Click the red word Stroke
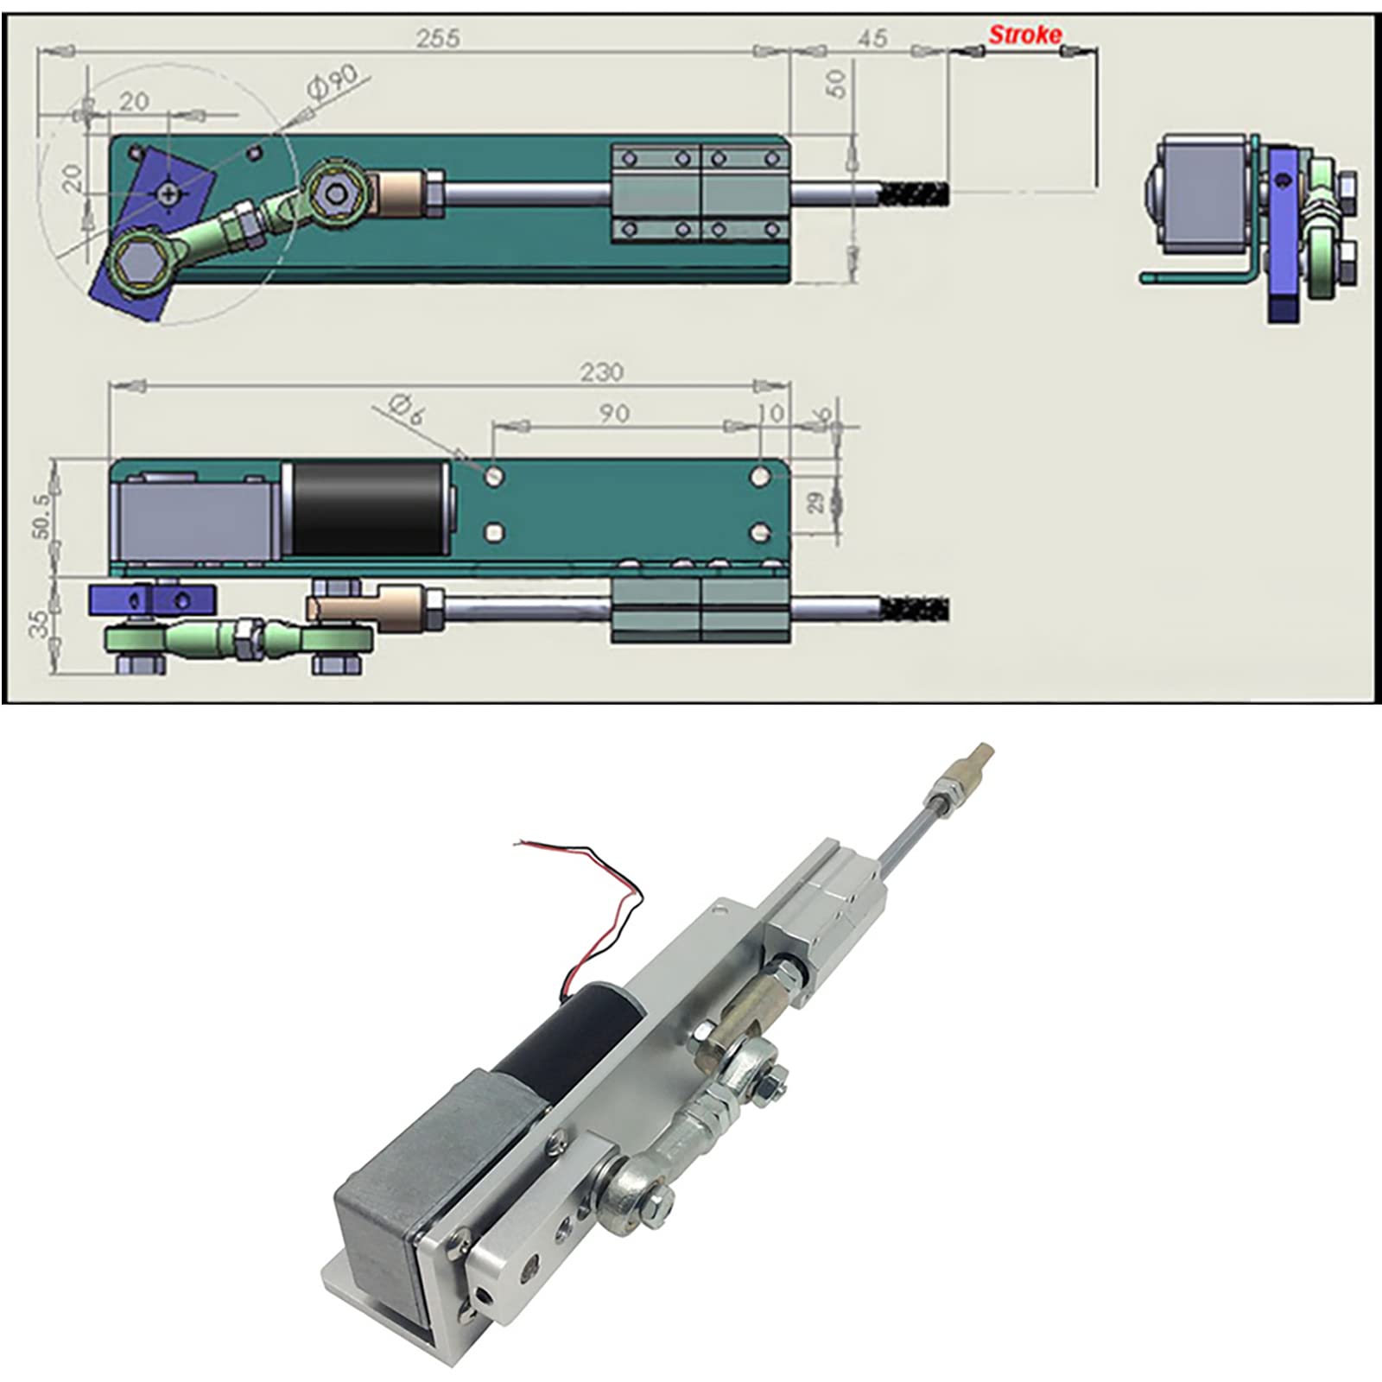1024,35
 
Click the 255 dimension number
438,39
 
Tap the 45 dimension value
872,38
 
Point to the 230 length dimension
601,372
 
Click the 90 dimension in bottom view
614,414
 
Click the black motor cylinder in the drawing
367,509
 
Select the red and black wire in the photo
596,916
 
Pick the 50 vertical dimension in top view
835,84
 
